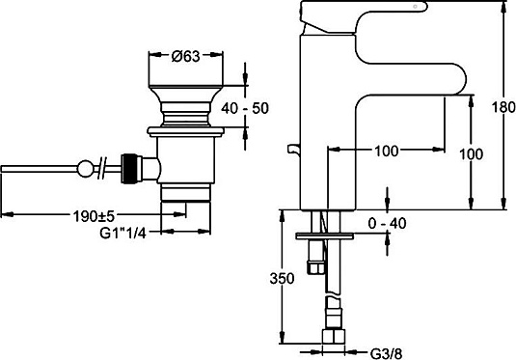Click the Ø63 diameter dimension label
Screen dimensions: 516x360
point(185,56)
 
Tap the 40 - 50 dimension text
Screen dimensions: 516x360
point(245,108)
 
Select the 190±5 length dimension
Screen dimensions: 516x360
point(94,216)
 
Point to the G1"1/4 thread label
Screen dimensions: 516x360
point(122,234)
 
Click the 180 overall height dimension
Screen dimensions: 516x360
point(503,107)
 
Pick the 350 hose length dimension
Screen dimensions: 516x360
point(282,279)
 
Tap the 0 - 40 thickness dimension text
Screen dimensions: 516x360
point(388,224)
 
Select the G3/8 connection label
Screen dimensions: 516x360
point(387,354)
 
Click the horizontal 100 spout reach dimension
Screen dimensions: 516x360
point(387,152)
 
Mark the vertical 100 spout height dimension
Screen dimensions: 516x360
point(472,154)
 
